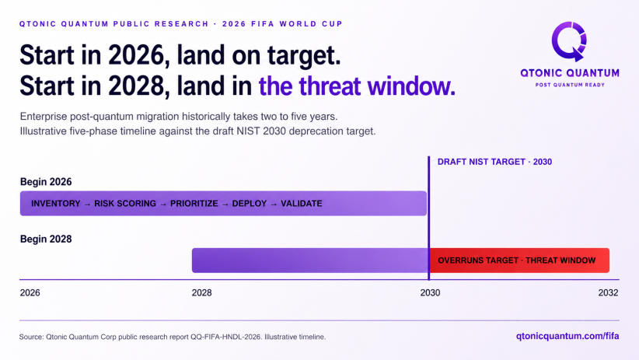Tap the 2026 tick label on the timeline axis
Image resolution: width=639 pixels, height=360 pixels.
(x=30, y=292)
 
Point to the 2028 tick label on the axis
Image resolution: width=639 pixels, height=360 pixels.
(x=201, y=292)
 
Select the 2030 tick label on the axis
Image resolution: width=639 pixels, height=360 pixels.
(x=431, y=292)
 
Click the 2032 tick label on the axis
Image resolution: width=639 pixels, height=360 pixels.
(x=608, y=292)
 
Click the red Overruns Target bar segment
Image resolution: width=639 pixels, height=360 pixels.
(x=519, y=260)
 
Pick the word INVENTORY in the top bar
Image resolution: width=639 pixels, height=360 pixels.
(x=56, y=204)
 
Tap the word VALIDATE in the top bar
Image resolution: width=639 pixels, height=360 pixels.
(x=302, y=204)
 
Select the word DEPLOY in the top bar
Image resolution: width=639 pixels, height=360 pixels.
(x=250, y=204)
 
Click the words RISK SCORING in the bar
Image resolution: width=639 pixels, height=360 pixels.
(x=125, y=204)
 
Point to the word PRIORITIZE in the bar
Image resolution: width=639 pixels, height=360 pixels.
(x=194, y=204)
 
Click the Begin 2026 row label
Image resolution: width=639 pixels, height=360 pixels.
(x=46, y=182)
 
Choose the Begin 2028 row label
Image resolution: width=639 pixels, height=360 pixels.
(x=46, y=239)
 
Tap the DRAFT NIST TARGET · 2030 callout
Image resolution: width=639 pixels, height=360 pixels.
(x=494, y=162)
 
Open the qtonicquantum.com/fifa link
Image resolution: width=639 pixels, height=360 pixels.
(x=567, y=337)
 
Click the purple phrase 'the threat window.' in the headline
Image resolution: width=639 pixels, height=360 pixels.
(x=357, y=86)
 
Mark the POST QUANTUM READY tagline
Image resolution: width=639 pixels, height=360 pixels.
(x=570, y=85)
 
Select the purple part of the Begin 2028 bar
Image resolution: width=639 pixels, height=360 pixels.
(x=310, y=260)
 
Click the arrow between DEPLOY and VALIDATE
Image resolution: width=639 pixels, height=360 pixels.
(x=274, y=204)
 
